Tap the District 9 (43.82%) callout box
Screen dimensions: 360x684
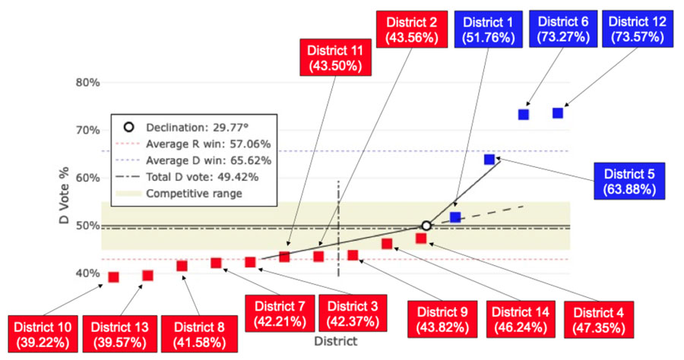click(x=442, y=321)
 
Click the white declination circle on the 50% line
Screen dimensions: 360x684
click(x=426, y=226)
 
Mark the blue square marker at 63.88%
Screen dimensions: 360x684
click(x=489, y=159)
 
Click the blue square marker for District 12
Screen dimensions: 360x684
click(x=558, y=113)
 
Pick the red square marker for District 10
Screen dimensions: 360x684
click(x=114, y=277)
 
